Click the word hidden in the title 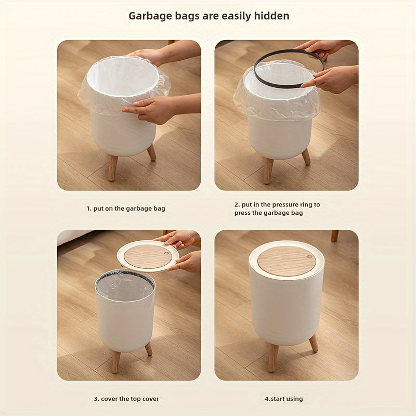271,16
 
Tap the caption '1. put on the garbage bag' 126,209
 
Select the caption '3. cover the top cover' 126,399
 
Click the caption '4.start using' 283,399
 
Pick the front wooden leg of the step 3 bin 115,361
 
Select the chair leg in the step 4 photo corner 334,236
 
